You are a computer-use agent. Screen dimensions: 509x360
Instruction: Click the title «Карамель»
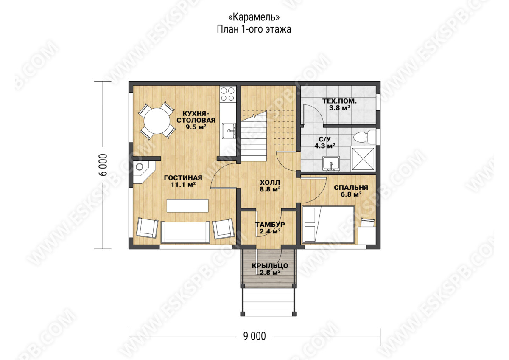click(x=254, y=17)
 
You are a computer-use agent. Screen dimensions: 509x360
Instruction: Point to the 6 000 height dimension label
click(x=103, y=165)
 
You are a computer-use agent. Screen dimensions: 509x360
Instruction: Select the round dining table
click(x=157, y=121)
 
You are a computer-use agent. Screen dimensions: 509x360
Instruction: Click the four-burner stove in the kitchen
click(x=228, y=94)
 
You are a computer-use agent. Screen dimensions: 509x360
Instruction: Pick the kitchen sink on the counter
click(x=229, y=131)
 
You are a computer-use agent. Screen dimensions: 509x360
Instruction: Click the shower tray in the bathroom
click(x=363, y=159)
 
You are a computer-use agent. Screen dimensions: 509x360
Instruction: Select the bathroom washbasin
click(x=331, y=163)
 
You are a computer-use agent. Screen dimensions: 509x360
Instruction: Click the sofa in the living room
click(x=185, y=232)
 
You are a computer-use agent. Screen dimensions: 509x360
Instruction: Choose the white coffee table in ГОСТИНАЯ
click(x=187, y=205)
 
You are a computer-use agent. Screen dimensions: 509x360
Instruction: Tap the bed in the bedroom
click(x=328, y=225)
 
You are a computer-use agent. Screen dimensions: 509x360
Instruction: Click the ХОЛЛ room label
click(x=270, y=183)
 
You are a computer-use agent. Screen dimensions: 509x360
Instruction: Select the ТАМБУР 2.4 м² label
click(x=270, y=228)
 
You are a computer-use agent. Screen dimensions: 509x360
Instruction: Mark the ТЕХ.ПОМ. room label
click(x=339, y=101)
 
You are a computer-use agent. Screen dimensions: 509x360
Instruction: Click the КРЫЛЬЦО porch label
click(x=270, y=266)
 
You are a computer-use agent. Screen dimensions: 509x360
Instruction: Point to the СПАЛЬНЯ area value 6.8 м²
click(x=351, y=194)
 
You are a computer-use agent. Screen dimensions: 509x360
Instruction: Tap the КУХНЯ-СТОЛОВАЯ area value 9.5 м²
click(x=196, y=127)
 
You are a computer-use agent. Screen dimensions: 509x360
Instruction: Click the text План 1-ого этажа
click(x=254, y=29)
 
